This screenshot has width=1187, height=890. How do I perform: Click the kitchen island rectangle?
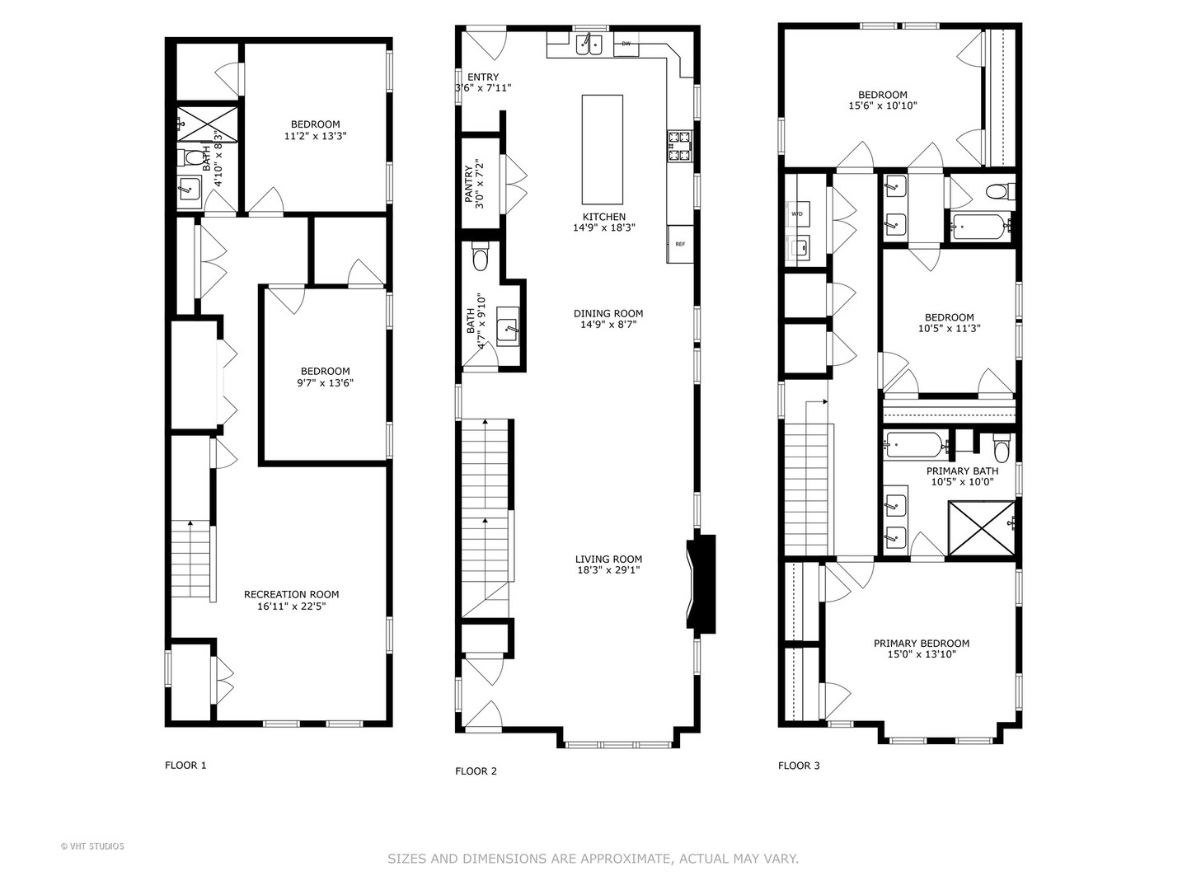[602, 149]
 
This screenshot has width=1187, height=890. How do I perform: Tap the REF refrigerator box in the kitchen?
[680, 244]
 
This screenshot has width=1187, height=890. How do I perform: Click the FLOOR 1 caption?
[185, 766]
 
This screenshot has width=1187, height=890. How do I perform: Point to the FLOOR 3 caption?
[799, 766]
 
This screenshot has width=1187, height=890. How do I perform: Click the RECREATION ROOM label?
[291, 594]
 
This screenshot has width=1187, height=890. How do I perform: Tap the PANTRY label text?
[469, 185]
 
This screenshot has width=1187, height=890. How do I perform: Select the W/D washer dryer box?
[797, 214]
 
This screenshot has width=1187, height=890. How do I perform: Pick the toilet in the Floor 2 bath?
[481, 260]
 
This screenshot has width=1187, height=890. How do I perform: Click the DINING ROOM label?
[608, 313]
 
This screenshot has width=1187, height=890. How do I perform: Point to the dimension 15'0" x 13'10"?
[922, 655]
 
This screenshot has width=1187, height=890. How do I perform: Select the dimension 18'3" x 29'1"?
[608, 570]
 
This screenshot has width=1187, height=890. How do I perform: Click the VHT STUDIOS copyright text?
[92, 846]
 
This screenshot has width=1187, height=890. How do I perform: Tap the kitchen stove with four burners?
[679, 145]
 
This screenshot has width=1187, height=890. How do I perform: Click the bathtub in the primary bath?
[915, 446]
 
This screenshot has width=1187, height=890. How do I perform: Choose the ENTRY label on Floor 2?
[482, 77]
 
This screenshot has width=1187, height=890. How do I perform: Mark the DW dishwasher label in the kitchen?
[626, 44]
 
